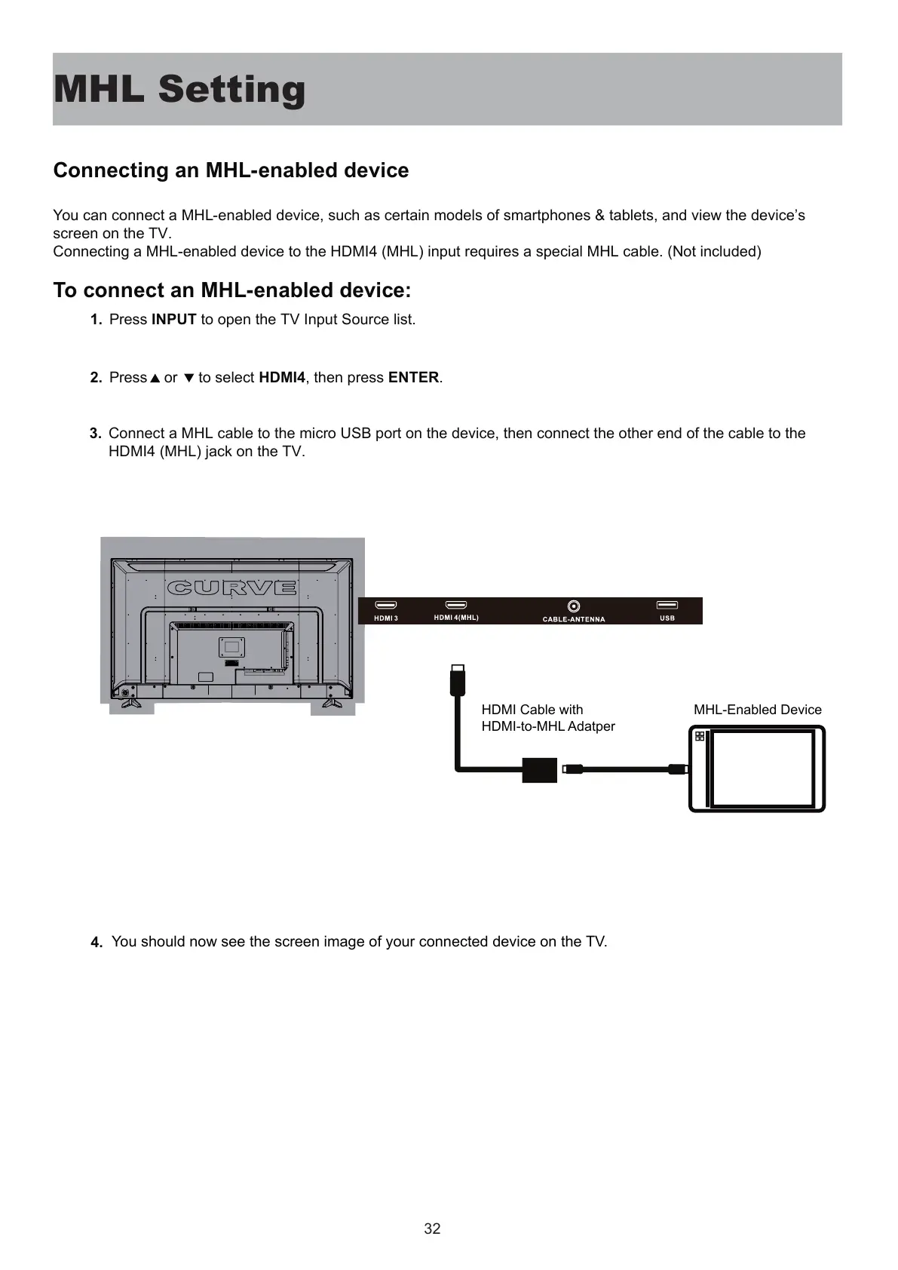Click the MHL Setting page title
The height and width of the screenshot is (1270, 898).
[x=179, y=89]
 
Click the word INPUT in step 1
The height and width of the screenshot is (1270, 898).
[x=173, y=320]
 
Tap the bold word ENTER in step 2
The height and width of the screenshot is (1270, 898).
[x=413, y=378]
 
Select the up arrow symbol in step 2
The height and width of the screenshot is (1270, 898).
[x=155, y=379]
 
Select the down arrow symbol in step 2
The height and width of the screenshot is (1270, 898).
[x=189, y=379]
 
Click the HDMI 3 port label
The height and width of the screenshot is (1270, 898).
[x=386, y=618]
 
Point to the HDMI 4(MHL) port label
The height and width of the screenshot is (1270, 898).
[x=456, y=618]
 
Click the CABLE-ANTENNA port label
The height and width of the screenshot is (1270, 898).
[x=574, y=619]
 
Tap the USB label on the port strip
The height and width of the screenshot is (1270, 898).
[x=667, y=618]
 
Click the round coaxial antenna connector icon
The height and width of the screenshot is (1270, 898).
[x=574, y=606]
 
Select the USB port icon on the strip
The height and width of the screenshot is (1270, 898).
[x=667, y=605]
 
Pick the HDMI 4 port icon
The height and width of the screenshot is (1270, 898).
[x=456, y=605]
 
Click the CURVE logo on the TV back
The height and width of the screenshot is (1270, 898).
[x=232, y=587]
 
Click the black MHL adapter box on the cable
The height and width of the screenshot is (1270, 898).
[x=539, y=770]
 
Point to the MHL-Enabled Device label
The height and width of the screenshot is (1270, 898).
[x=757, y=710]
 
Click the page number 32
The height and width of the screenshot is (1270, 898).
[x=432, y=1229]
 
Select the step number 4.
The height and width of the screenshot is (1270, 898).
[x=96, y=943]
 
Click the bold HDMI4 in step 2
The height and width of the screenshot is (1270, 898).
[x=282, y=378]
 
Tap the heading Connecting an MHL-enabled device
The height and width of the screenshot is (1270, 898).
[x=231, y=170]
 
